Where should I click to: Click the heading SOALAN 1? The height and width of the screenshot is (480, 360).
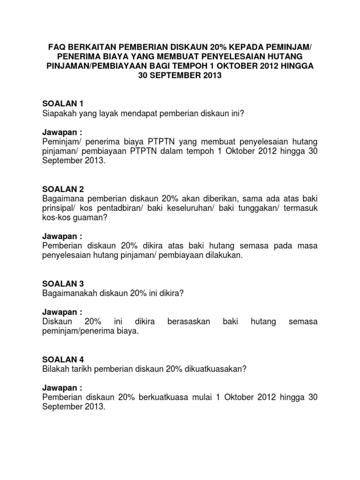pyautogui.click(x=62, y=103)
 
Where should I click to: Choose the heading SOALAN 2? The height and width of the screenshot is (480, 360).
pyautogui.click(x=62, y=189)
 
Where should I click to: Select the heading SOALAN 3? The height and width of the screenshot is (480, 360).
pyautogui.click(x=62, y=284)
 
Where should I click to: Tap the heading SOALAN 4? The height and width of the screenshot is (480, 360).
pyautogui.click(x=62, y=359)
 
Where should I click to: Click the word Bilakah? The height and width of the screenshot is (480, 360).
pyautogui.click(x=55, y=369)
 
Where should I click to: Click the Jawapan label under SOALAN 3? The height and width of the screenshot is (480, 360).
pyautogui.click(x=62, y=312)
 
